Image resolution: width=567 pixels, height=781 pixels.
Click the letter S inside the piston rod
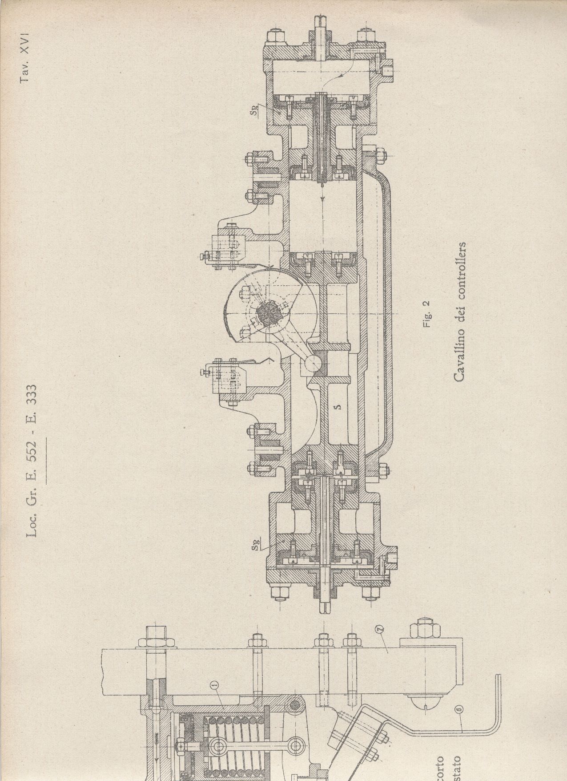tap(338, 406)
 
